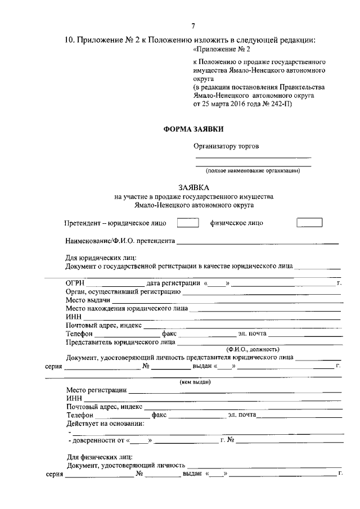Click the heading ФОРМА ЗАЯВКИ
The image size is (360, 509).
pyautogui.click(x=193, y=128)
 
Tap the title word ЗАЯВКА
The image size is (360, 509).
pyautogui.click(x=193, y=187)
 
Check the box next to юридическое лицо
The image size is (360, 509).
pyautogui.click(x=188, y=223)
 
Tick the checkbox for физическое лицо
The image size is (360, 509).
pyautogui.click(x=309, y=223)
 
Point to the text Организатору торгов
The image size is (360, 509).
pyautogui.click(x=226, y=146)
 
